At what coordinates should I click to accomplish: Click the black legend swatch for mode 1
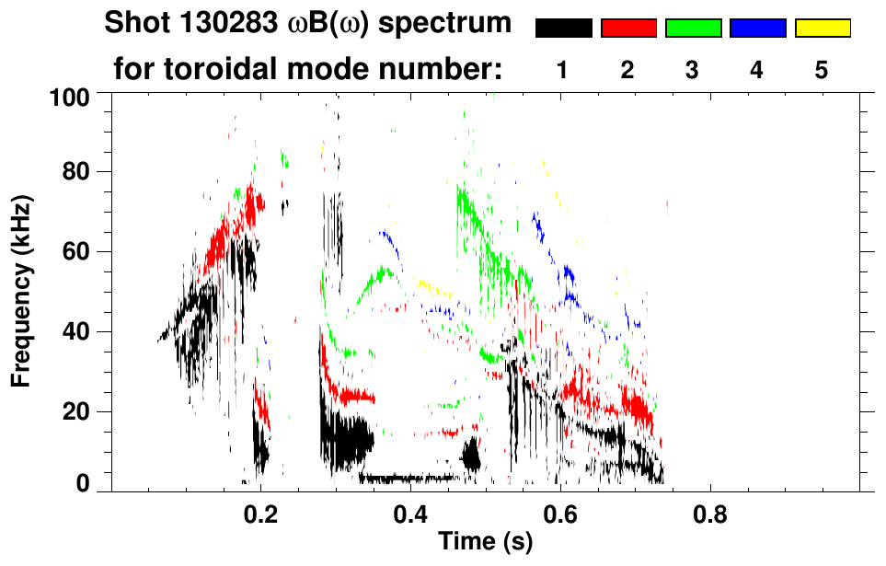click(x=564, y=29)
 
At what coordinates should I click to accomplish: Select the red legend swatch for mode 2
click(x=628, y=29)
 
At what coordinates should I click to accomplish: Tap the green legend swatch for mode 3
click(x=693, y=29)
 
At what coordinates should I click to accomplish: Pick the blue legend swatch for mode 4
click(x=757, y=29)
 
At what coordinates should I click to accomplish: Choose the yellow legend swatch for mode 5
click(x=822, y=29)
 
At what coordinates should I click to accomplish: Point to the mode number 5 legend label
click(x=822, y=71)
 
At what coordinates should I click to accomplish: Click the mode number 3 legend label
click(x=693, y=71)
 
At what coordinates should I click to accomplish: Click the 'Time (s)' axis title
click(x=485, y=542)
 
